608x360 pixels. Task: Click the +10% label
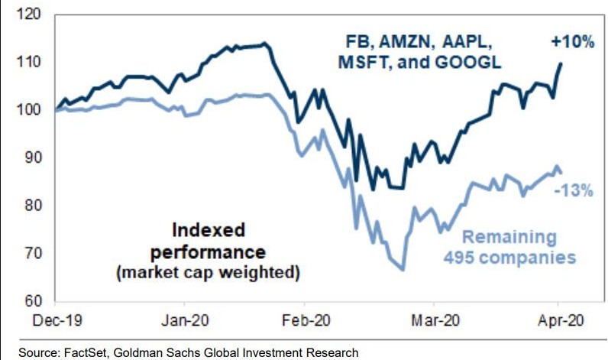[572, 43]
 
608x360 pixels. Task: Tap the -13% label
[572, 191]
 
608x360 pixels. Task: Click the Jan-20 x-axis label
[185, 321]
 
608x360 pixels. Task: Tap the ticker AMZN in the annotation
[433, 43]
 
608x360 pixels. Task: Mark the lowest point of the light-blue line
[402, 269]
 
